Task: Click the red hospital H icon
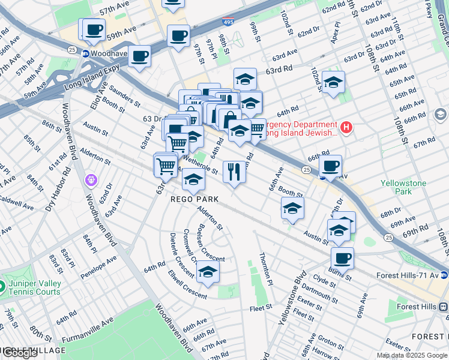click(x=346, y=127)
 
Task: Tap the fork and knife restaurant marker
click(x=233, y=172)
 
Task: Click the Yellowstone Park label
click(x=403, y=187)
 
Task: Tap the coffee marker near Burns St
click(x=342, y=259)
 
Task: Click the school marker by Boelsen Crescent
click(x=208, y=272)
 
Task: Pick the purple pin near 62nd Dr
click(x=91, y=179)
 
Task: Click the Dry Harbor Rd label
click(x=56, y=190)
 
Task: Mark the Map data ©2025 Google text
click(x=411, y=355)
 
